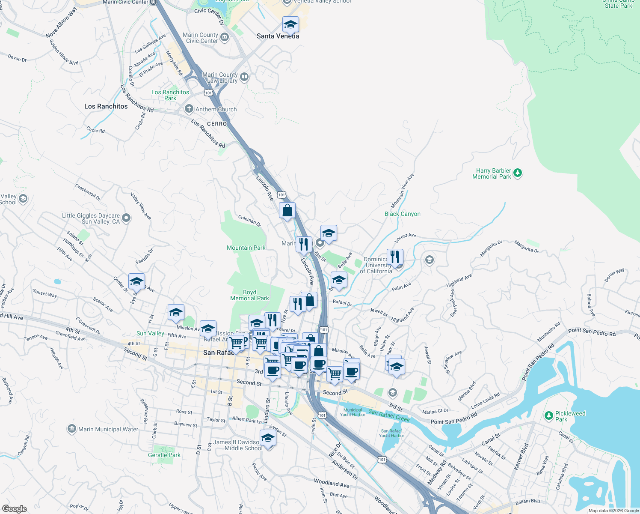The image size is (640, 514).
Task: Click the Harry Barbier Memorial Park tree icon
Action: click(518, 173)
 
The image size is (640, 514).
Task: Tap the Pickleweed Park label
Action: click(570, 416)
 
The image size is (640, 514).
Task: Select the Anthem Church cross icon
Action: click(189, 109)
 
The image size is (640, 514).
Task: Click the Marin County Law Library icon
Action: click(244, 77)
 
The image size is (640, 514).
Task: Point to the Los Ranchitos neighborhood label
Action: click(106, 106)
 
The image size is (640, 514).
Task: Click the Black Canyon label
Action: click(402, 214)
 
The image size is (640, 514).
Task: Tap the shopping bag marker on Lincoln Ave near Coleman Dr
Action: click(287, 211)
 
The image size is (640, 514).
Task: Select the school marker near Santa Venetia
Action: click(290, 25)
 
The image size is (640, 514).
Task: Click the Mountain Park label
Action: click(246, 248)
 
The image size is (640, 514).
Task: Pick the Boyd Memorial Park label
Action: click(249, 295)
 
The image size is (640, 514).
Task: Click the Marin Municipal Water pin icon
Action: click(72, 429)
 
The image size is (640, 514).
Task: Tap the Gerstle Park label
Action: click(164, 455)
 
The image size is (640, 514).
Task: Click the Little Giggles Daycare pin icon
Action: click(126, 218)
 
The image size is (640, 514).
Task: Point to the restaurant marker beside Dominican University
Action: click(395, 257)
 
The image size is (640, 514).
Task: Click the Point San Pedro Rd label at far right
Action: click(592, 332)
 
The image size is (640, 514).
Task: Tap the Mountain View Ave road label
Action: click(403, 191)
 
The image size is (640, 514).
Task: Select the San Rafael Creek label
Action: click(389, 415)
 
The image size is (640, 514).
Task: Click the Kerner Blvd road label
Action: click(521, 457)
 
